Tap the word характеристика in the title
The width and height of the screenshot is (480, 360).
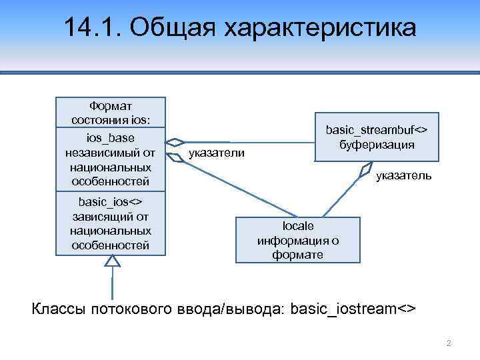click(319, 28)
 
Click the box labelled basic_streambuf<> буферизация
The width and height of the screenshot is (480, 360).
click(376, 137)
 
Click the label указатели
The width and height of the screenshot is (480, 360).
click(217, 154)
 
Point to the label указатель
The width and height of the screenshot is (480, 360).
click(404, 176)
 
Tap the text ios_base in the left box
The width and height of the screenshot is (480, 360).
click(111, 138)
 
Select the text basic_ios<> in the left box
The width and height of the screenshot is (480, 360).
click(111, 201)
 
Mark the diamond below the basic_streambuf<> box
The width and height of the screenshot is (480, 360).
click(364, 169)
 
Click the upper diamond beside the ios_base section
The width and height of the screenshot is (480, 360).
click(175, 142)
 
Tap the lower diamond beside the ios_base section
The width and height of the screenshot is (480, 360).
click(175, 157)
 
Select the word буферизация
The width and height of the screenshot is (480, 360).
click(376, 144)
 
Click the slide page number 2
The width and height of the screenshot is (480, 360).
click(449, 343)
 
